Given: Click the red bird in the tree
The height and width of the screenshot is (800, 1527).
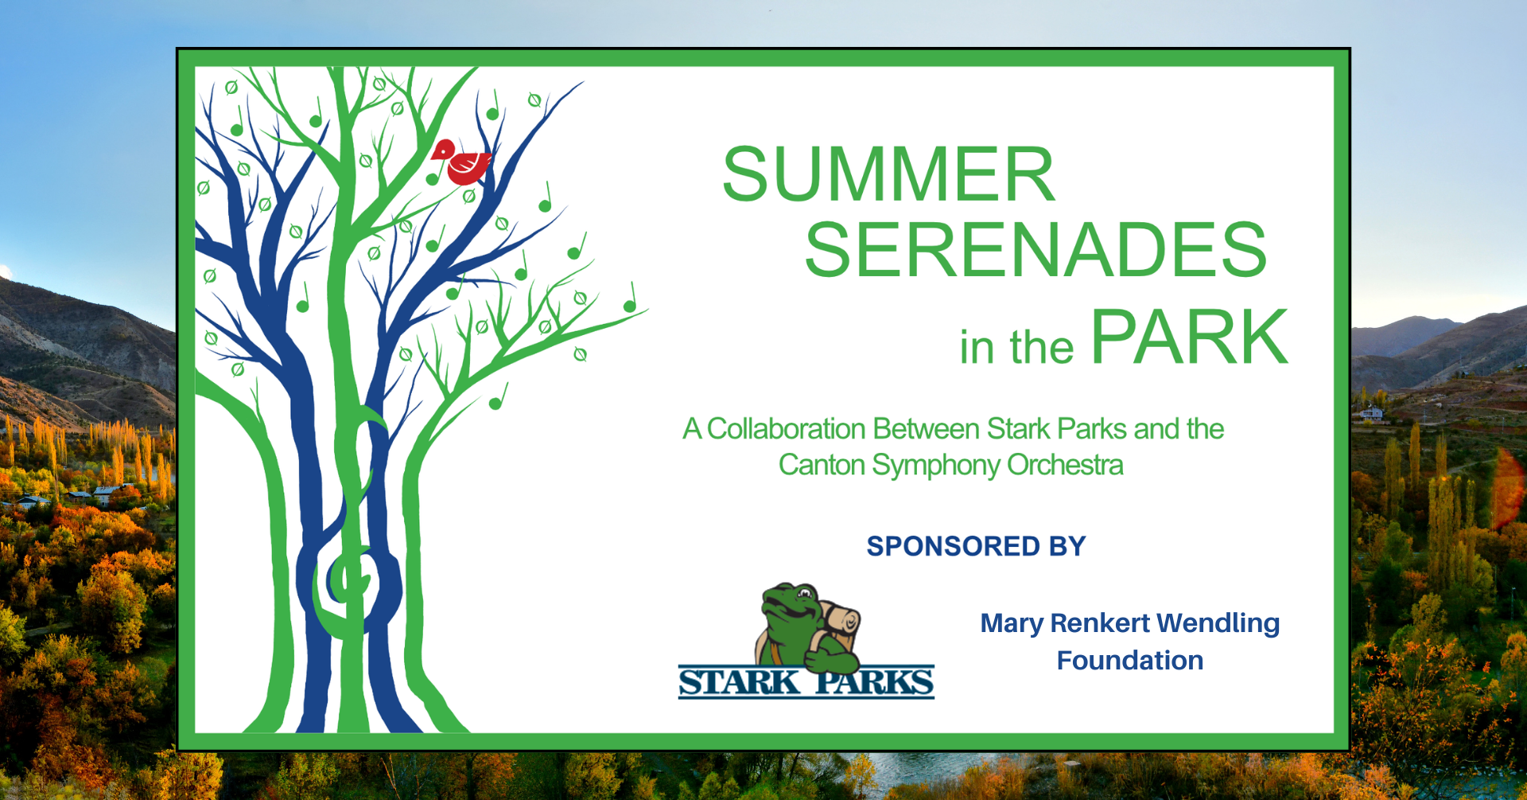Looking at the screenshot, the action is tap(461, 162).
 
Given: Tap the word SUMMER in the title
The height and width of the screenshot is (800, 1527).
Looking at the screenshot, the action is tap(889, 174).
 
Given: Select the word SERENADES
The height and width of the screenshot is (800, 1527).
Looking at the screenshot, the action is tap(1035, 250).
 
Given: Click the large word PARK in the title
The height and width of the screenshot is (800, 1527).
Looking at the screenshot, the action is tap(1190, 338).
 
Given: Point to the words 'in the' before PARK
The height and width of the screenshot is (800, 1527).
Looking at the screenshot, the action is tap(1016, 347).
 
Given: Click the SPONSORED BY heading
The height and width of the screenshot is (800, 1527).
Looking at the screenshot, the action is tap(976, 546).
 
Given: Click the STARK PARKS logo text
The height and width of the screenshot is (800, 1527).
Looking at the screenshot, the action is tap(806, 682).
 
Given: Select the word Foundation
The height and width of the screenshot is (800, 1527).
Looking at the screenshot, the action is tap(1130, 660).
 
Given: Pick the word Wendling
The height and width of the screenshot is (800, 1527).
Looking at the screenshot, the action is tap(1218, 623).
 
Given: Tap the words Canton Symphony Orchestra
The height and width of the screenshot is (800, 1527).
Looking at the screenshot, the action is tap(951, 465).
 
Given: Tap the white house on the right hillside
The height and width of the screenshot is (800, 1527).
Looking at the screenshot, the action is tap(1371, 414).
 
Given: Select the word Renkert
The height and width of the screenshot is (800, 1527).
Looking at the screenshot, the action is tap(1100, 623).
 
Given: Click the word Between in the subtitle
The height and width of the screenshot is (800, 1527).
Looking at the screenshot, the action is tap(927, 429).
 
